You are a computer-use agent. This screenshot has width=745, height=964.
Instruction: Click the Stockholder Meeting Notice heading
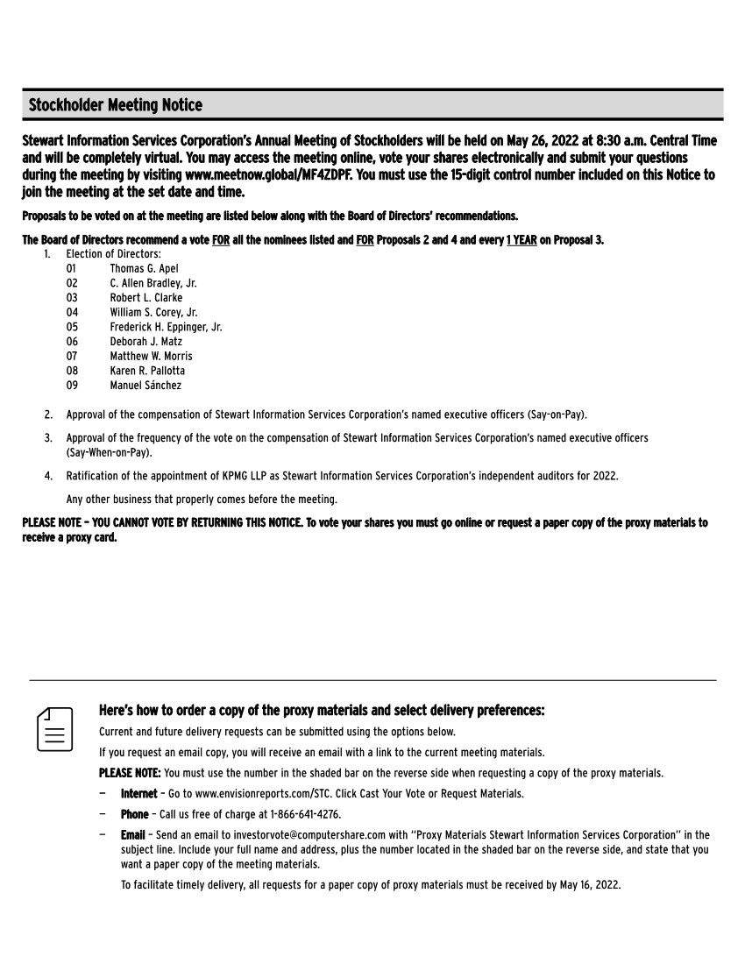(115, 106)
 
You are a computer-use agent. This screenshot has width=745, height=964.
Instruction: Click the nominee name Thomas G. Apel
(144, 268)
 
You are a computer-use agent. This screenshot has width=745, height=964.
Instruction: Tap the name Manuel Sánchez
(145, 386)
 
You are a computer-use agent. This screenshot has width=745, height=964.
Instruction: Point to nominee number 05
(72, 327)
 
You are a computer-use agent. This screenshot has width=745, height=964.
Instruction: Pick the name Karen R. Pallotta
(147, 371)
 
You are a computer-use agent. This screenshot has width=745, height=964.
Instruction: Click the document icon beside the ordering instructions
(54, 728)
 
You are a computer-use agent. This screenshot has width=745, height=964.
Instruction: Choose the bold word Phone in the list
(134, 814)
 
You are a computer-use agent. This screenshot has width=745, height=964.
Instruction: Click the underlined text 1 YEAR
(521, 241)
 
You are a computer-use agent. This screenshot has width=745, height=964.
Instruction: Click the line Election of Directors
(113, 253)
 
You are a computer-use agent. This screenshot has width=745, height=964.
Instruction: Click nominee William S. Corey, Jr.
(153, 312)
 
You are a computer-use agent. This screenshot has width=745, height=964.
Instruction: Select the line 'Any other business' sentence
(201, 499)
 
